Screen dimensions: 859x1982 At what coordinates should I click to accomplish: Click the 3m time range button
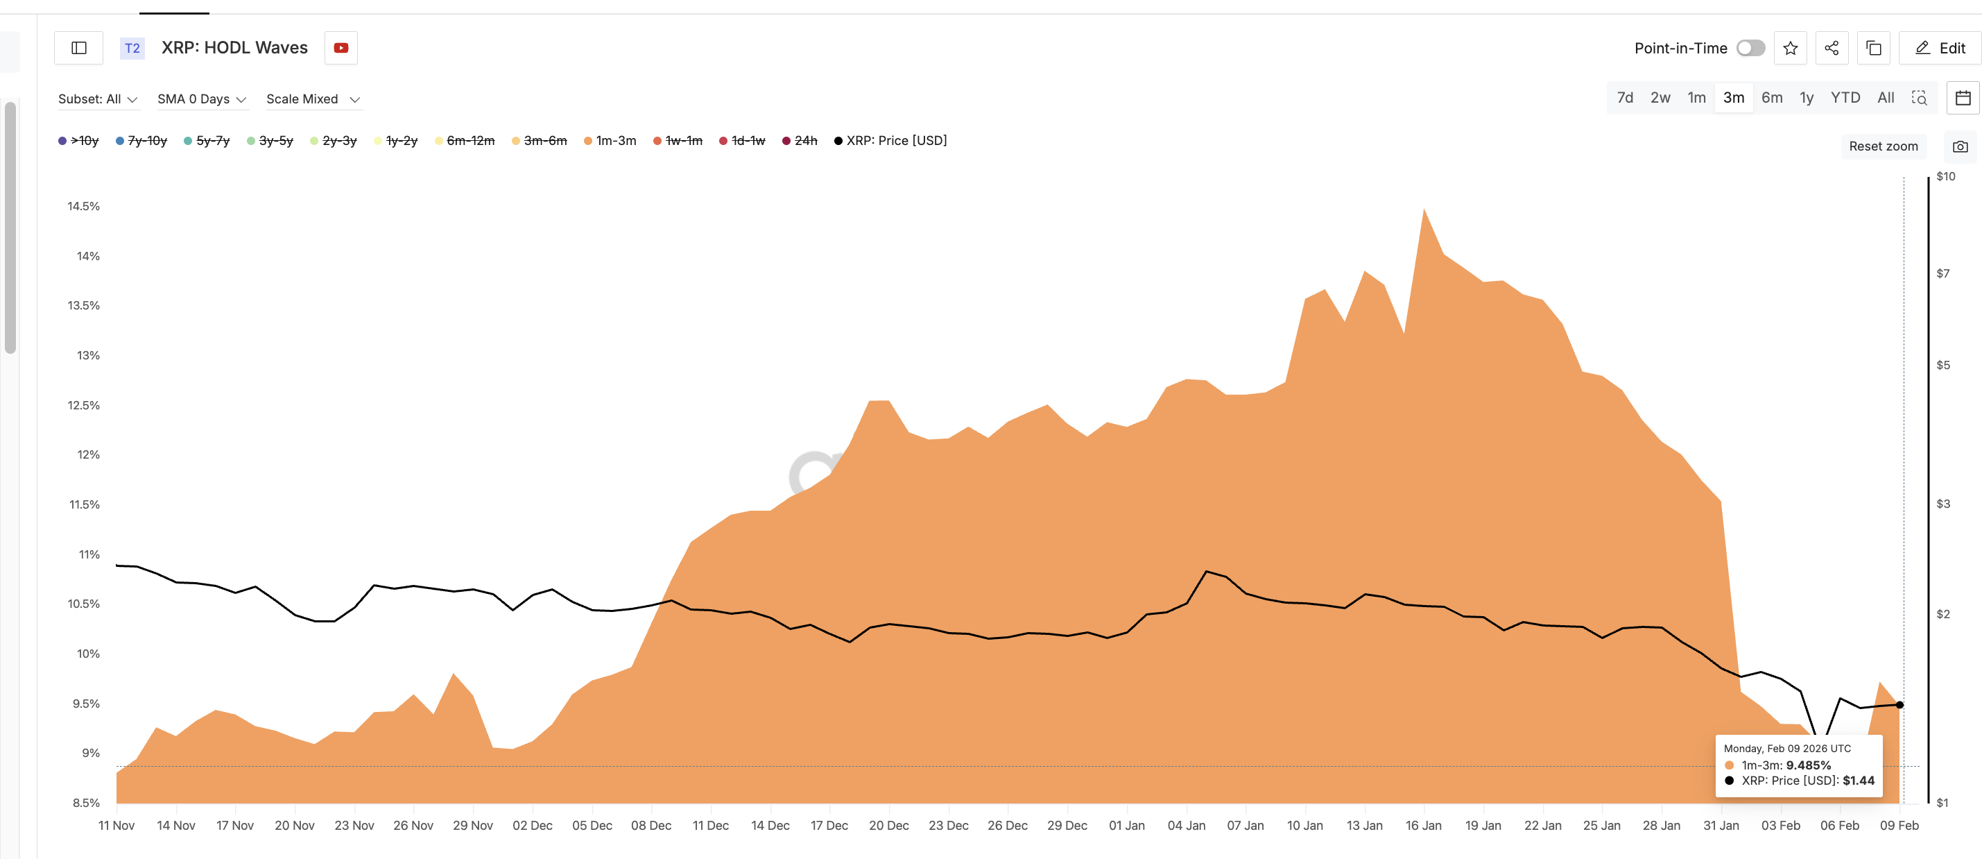(1733, 98)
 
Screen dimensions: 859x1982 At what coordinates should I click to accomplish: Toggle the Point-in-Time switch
(1750, 48)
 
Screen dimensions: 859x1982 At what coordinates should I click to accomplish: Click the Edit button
(1940, 48)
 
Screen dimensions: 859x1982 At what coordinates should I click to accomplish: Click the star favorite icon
(1790, 48)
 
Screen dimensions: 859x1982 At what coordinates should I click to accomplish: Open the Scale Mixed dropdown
(312, 99)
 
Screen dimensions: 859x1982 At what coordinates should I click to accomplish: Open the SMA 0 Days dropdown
(202, 99)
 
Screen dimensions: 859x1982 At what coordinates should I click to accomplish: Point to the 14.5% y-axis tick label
(83, 206)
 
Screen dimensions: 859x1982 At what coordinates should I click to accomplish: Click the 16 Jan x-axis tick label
(1422, 825)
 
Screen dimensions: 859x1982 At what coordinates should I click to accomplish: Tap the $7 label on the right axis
(1942, 273)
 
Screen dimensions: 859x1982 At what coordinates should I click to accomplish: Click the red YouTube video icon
(341, 48)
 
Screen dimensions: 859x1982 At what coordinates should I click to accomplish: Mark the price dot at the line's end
(1899, 705)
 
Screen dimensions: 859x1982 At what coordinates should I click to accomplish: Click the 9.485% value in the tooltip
(1807, 765)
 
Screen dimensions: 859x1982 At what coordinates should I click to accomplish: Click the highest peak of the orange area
(1424, 210)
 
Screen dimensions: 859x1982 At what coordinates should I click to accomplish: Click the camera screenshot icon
(1960, 146)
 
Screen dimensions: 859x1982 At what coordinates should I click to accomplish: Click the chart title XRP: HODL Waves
(234, 48)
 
